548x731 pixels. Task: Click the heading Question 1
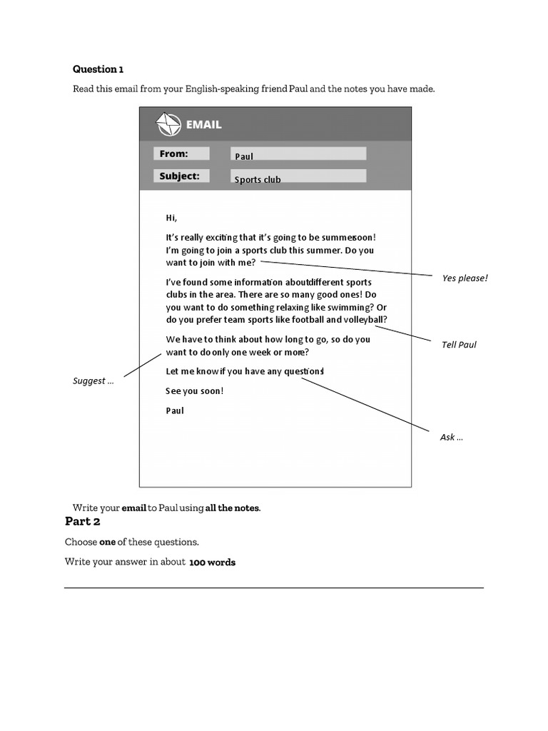pyautogui.click(x=98, y=69)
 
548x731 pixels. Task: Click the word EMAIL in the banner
pyautogui.click(x=204, y=125)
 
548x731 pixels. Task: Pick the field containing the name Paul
pyautogui.click(x=298, y=154)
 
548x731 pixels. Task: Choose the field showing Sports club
pyautogui.click(x=298, y=176)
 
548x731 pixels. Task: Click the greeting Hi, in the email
pyautogui.click(x=171, y=218)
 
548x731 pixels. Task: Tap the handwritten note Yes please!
pyautogui.click(x=465, y=278)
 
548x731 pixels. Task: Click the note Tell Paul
pyautogui.click(x=459, y=345)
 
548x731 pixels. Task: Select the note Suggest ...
pyautogui.click(x=93, y=381)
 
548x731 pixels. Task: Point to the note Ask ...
pyautogui.click(x=451, y=438)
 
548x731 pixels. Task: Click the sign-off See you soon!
pyautogui.click(x=195, y=391)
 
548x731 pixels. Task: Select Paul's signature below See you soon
pyautogui.click(x=175, y=411)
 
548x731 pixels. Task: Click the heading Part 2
pyautogui.click(x=83, y=521)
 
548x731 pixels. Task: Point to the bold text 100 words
pyautogui.click(x=212, y=563)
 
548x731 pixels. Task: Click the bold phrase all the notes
pyautogui.click(x=233, y=508)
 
